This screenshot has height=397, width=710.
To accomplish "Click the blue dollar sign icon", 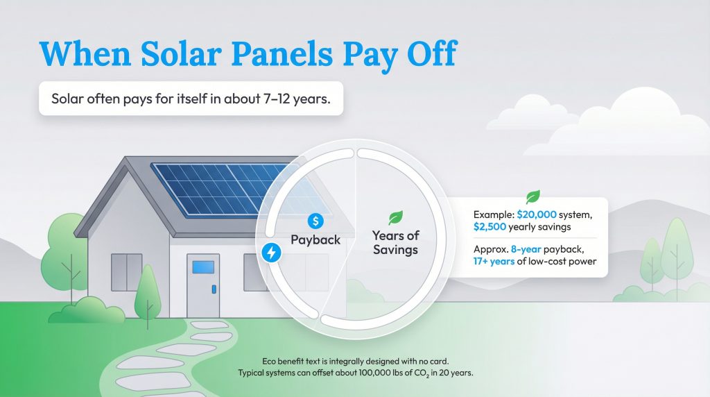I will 316,221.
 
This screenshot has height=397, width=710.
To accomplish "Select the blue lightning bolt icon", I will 271,253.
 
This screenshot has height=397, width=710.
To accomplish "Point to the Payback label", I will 315,239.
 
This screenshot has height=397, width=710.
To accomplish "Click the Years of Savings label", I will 396,243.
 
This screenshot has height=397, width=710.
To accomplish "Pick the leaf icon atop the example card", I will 532,196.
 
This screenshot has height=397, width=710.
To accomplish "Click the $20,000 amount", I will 541,215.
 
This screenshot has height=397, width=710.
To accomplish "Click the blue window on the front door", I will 202,267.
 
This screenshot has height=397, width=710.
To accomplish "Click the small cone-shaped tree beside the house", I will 148,292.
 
